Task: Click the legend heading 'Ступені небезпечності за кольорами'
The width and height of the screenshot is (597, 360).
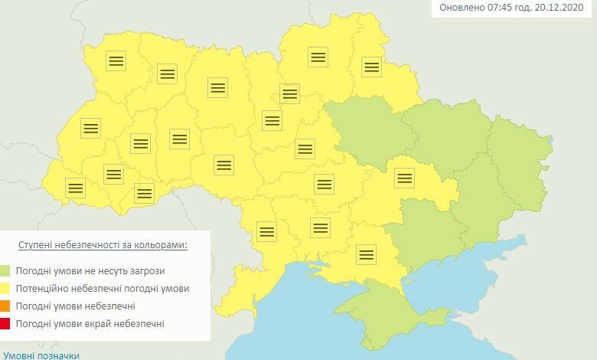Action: point(103,245)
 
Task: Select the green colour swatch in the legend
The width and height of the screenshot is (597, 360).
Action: point(6,270)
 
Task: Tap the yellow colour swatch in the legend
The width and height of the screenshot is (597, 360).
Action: point(6,289)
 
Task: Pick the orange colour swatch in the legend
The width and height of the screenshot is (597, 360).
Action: point(6,306)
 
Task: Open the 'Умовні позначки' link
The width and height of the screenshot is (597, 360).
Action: point(41,355)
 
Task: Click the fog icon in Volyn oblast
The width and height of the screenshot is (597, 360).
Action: point(116,61)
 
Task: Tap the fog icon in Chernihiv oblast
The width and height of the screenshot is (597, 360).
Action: point(318,57)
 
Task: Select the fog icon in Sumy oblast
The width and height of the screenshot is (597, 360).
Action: point(371,67)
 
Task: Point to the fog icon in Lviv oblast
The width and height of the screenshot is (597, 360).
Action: point(90,128)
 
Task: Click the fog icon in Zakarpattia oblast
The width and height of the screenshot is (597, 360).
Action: point(75,188)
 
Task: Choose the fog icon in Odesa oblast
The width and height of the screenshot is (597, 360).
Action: point(266,231)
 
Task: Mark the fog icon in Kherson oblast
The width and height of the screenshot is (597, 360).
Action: point(367,254)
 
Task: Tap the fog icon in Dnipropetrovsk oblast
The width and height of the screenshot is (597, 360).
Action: point(403,178)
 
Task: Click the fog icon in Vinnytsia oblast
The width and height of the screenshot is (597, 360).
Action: point(223,165)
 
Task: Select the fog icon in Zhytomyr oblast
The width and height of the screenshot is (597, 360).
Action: point(218,87)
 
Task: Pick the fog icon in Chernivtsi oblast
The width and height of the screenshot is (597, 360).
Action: point(144,193)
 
